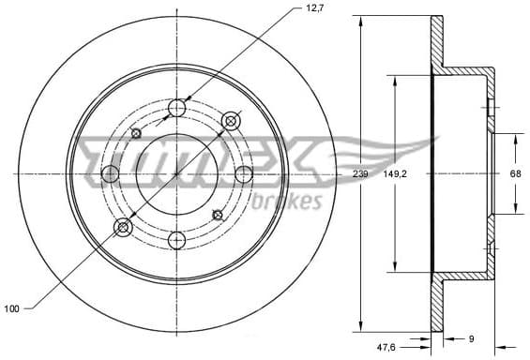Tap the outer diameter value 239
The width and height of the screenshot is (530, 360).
(360, 174)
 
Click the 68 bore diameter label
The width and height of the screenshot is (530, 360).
(515, 174)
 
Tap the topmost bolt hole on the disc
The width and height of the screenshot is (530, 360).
(177, 110)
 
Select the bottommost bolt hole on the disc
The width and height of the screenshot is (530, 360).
(177, 241)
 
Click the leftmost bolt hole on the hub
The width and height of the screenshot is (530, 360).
(111, 174)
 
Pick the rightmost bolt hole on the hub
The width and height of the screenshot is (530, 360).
(244, 174)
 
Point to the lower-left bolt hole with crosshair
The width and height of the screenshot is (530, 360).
(123, 228)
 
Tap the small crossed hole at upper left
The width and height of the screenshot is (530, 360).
(137, 134)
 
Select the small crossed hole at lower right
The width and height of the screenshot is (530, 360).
(218, 215)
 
